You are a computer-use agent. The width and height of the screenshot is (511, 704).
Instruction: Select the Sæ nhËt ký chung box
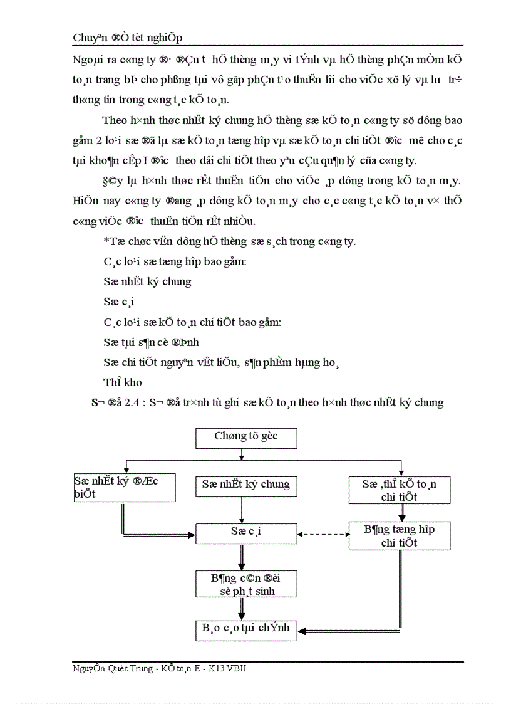[x=245, y=485]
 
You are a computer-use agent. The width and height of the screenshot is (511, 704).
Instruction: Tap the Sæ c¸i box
[x=245, y=533]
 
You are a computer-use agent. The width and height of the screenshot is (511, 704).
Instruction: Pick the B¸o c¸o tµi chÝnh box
[x=245, y=629]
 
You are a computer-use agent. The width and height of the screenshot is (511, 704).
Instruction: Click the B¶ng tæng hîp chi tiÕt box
[x=399, y=536]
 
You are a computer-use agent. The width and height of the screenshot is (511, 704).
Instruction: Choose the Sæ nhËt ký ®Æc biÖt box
[x=124, y=487]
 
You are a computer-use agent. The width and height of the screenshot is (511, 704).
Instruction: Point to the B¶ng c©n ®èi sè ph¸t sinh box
[x=245, y=584]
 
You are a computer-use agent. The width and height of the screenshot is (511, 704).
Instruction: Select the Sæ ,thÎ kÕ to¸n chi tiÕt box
[x=399, y=490]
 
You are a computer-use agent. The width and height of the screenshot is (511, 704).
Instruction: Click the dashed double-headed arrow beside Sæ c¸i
[x=323, y=535]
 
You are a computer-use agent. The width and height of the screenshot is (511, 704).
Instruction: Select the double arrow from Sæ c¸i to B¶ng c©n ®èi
[x=242, y=557]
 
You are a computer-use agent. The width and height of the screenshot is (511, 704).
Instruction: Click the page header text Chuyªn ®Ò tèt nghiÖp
[x=128, y=38]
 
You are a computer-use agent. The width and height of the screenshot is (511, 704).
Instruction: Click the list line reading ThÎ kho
[x=123, y=382]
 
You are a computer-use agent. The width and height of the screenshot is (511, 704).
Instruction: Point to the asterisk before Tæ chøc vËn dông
[x=106, y=241]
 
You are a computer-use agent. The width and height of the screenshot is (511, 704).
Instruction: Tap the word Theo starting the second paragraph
[x=114, y=120]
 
